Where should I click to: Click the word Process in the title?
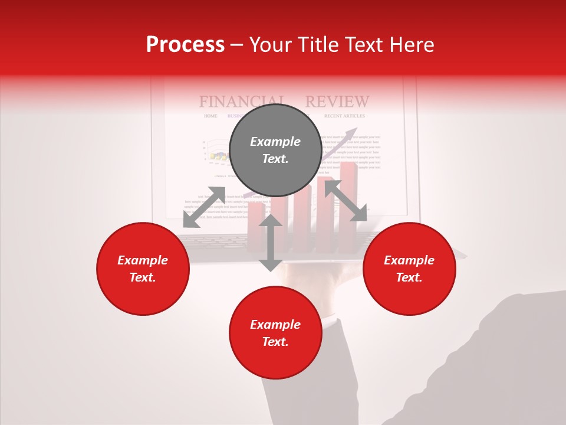(x=185, y=45)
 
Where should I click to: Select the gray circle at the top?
(x=275, y=150)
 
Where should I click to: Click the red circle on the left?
(x=143, y=269)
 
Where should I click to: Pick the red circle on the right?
(x=409, y=269)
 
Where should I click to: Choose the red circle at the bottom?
(x=275, y=333)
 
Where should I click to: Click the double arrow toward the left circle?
(x=204, y=207)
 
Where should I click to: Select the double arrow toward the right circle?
(x=346, y=201)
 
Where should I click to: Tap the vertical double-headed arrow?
(x=271, y=243)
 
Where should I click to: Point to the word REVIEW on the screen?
(x=337, y=102)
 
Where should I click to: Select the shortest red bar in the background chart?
(x=256, y=227)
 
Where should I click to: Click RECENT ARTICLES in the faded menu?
(x=344, y=116)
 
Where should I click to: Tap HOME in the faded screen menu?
(x=210, y=116)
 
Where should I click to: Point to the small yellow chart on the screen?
(x=219, y=156)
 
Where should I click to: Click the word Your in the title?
(x=272, y=45)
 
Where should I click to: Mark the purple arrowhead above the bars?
(x=352, y=132)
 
